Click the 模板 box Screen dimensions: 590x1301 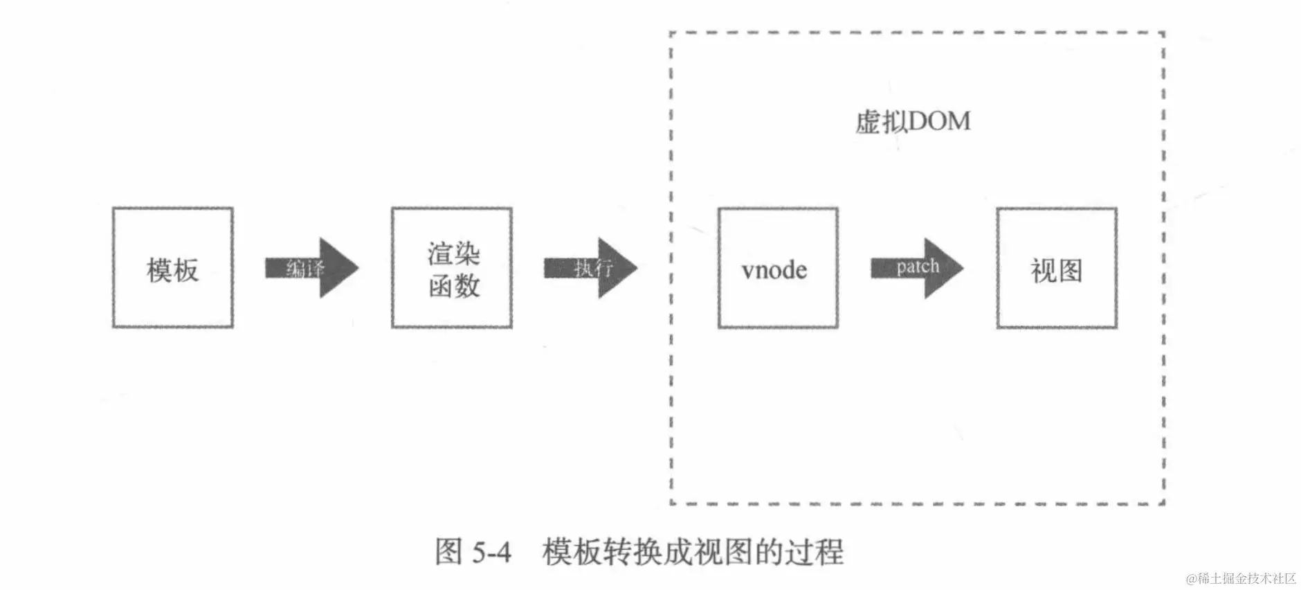tap(172, 267)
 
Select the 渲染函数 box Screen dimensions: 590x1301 tap(452, 267)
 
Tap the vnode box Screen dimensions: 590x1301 tap(778, 267)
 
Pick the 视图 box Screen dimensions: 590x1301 tap(1057, 267)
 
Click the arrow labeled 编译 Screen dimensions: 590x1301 tap(311, 268)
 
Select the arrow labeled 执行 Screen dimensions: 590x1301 tap(590, 268)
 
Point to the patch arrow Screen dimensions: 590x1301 tap(916, 268)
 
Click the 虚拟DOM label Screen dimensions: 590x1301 tap(913, 122)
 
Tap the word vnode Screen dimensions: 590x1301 tap(774, 269)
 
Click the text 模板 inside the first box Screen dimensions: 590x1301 tap(172, 270)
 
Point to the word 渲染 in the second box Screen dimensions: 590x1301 tap(453, 253)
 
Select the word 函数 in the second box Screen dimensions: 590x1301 tap(454, 285)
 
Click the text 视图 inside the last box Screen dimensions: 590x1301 tap(1057, 270)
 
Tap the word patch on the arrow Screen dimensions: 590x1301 tap(918, 267)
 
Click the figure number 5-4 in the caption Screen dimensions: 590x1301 tap(491, 553)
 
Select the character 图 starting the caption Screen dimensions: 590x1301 tap(448, 553)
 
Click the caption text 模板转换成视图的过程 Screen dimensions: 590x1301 tap(693, 553)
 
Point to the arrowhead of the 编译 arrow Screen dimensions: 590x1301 tap(339, 268)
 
